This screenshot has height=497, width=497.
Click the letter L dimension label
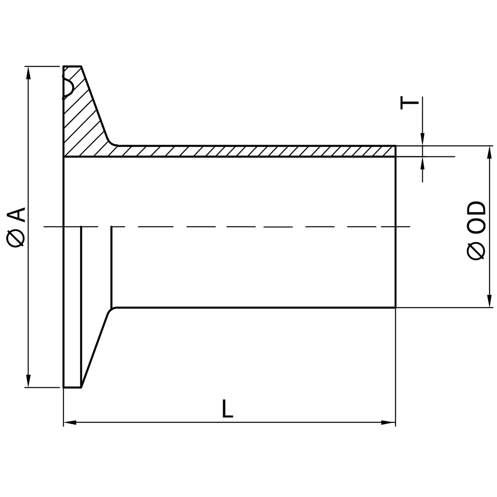pos(227,409)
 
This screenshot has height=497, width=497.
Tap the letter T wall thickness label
pos(409,103)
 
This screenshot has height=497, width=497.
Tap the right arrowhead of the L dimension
pos(388,422)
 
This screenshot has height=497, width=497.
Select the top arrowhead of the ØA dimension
pos(29,73)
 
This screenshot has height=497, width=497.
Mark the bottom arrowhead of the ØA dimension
pos(29,381)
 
